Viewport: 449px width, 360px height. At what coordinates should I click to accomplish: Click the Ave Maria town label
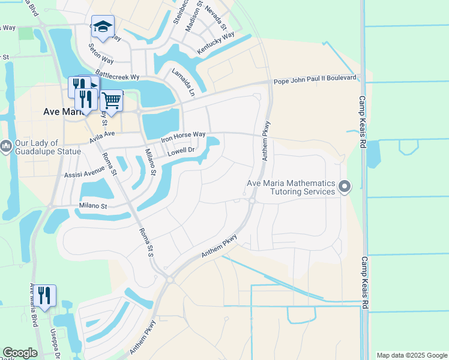(x=62, y=112)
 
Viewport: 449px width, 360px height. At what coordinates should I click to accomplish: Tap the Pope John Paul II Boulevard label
(x=315, y=80)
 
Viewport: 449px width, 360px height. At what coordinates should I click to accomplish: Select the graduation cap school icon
(x=103, y=28)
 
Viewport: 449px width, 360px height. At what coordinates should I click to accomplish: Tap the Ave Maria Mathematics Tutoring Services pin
(x=345, y=187)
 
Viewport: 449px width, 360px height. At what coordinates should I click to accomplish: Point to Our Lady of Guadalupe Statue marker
(x=6, y=146)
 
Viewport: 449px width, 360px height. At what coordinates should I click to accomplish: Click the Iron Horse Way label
(x=184, y=137)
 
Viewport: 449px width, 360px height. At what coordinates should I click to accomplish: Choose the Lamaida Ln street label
(x=184, y=82)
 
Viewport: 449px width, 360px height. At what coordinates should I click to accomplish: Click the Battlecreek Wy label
(x=118, y=76)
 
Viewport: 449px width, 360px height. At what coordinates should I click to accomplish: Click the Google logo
(x=20, y=353)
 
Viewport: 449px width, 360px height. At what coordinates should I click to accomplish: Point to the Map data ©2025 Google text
(x=411, y=355)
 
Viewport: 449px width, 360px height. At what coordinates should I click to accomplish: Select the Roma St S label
(x=146, y=243)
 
